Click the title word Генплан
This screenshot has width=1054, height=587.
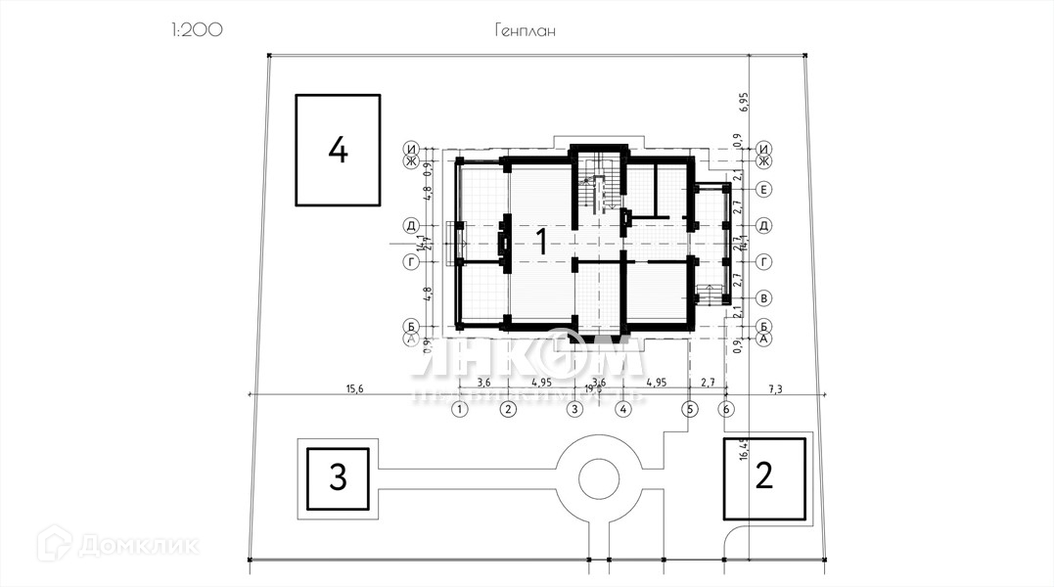525,30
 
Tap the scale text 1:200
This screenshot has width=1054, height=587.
196,29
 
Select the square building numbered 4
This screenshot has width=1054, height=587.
338,150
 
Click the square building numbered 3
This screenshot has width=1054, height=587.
338,478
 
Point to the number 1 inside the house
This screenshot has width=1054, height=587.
539,240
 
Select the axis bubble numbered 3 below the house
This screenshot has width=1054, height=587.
575,410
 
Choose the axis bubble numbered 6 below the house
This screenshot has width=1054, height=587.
726,410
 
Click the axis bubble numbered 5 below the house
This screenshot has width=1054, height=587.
690,410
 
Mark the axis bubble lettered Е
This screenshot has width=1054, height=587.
764,188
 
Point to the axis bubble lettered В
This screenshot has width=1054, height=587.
764,298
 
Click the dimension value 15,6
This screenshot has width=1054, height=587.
354,388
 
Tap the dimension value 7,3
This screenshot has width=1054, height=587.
775,388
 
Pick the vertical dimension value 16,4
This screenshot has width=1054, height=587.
744,448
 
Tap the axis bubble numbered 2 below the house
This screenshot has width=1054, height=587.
507,410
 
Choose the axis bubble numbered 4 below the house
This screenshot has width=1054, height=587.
622,410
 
